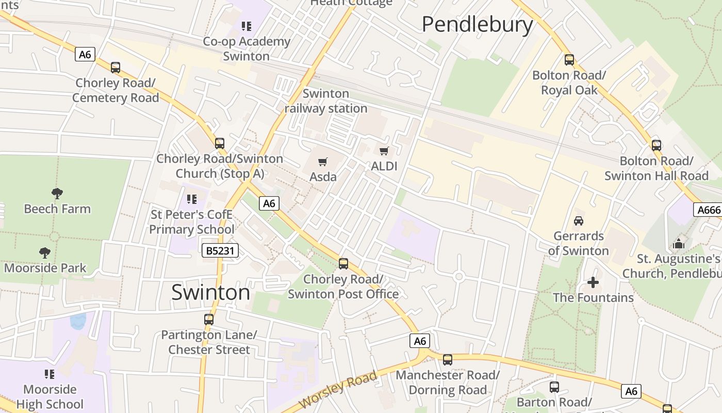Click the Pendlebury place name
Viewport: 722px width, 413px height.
coord(477,24)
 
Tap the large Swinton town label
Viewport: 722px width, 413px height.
coord(210,292)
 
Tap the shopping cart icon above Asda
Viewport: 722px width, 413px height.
coord(323,162)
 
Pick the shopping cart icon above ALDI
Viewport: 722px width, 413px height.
coord(384,151)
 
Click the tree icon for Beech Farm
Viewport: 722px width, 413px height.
coord(57,194)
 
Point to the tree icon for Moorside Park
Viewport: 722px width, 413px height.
coord(45,253)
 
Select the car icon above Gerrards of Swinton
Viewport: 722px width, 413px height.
coord(579,221)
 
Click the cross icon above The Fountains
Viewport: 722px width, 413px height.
coord(593,282)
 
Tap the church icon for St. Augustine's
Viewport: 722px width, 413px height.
coord(679,243)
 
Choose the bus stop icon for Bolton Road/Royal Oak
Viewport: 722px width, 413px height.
coord(569,60)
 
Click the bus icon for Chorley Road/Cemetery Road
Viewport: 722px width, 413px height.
coord(116,67)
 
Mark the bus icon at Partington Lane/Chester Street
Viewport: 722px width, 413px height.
coord(208,320)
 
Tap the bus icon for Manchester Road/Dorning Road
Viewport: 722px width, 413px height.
coord(448,360)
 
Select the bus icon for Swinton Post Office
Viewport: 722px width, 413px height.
coord(343,264)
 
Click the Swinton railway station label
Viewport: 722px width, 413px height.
coord(326,101)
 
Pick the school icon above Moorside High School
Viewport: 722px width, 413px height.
coord(50,374)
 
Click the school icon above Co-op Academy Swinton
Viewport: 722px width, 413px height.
coord(246,26)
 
